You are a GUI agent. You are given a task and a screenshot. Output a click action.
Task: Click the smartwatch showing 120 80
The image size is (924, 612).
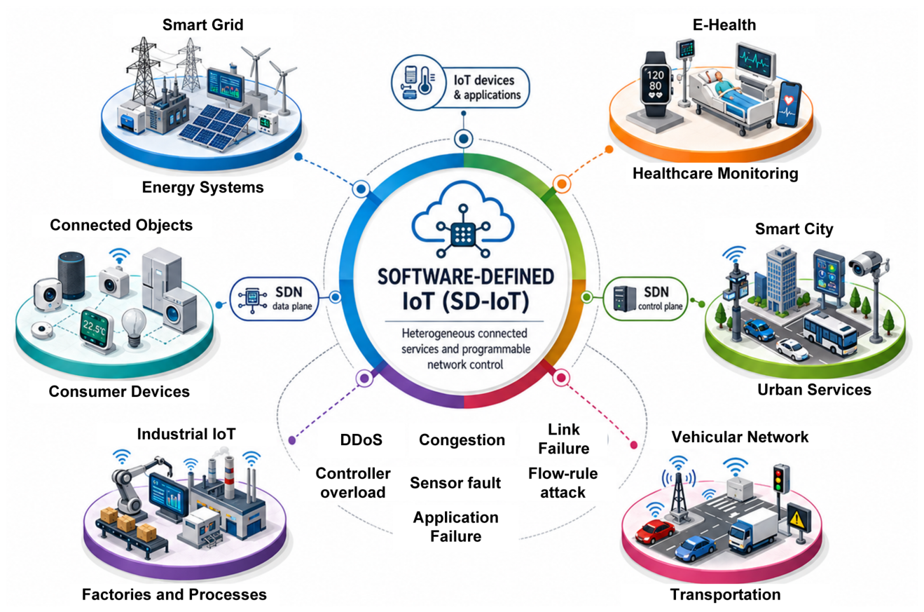[655, 85]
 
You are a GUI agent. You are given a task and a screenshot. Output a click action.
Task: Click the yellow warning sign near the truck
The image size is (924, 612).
[798, 517]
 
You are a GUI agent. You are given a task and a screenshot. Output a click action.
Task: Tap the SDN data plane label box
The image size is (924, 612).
[275, 299]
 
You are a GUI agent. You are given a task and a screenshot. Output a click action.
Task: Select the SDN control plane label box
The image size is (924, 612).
[645, 299]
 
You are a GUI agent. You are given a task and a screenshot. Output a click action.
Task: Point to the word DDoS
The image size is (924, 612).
[361, 440]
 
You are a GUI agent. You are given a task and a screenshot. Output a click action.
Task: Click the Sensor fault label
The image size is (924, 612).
[455, 483]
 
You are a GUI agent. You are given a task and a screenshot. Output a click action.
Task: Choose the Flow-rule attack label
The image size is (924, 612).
[563, 483]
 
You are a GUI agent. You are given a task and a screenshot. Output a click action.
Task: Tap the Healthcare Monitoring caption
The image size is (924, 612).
[716, 173]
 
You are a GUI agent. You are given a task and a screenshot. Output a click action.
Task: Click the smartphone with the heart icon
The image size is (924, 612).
[788, 104]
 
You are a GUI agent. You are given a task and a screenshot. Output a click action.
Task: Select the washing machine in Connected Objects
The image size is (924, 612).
[179, 311]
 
